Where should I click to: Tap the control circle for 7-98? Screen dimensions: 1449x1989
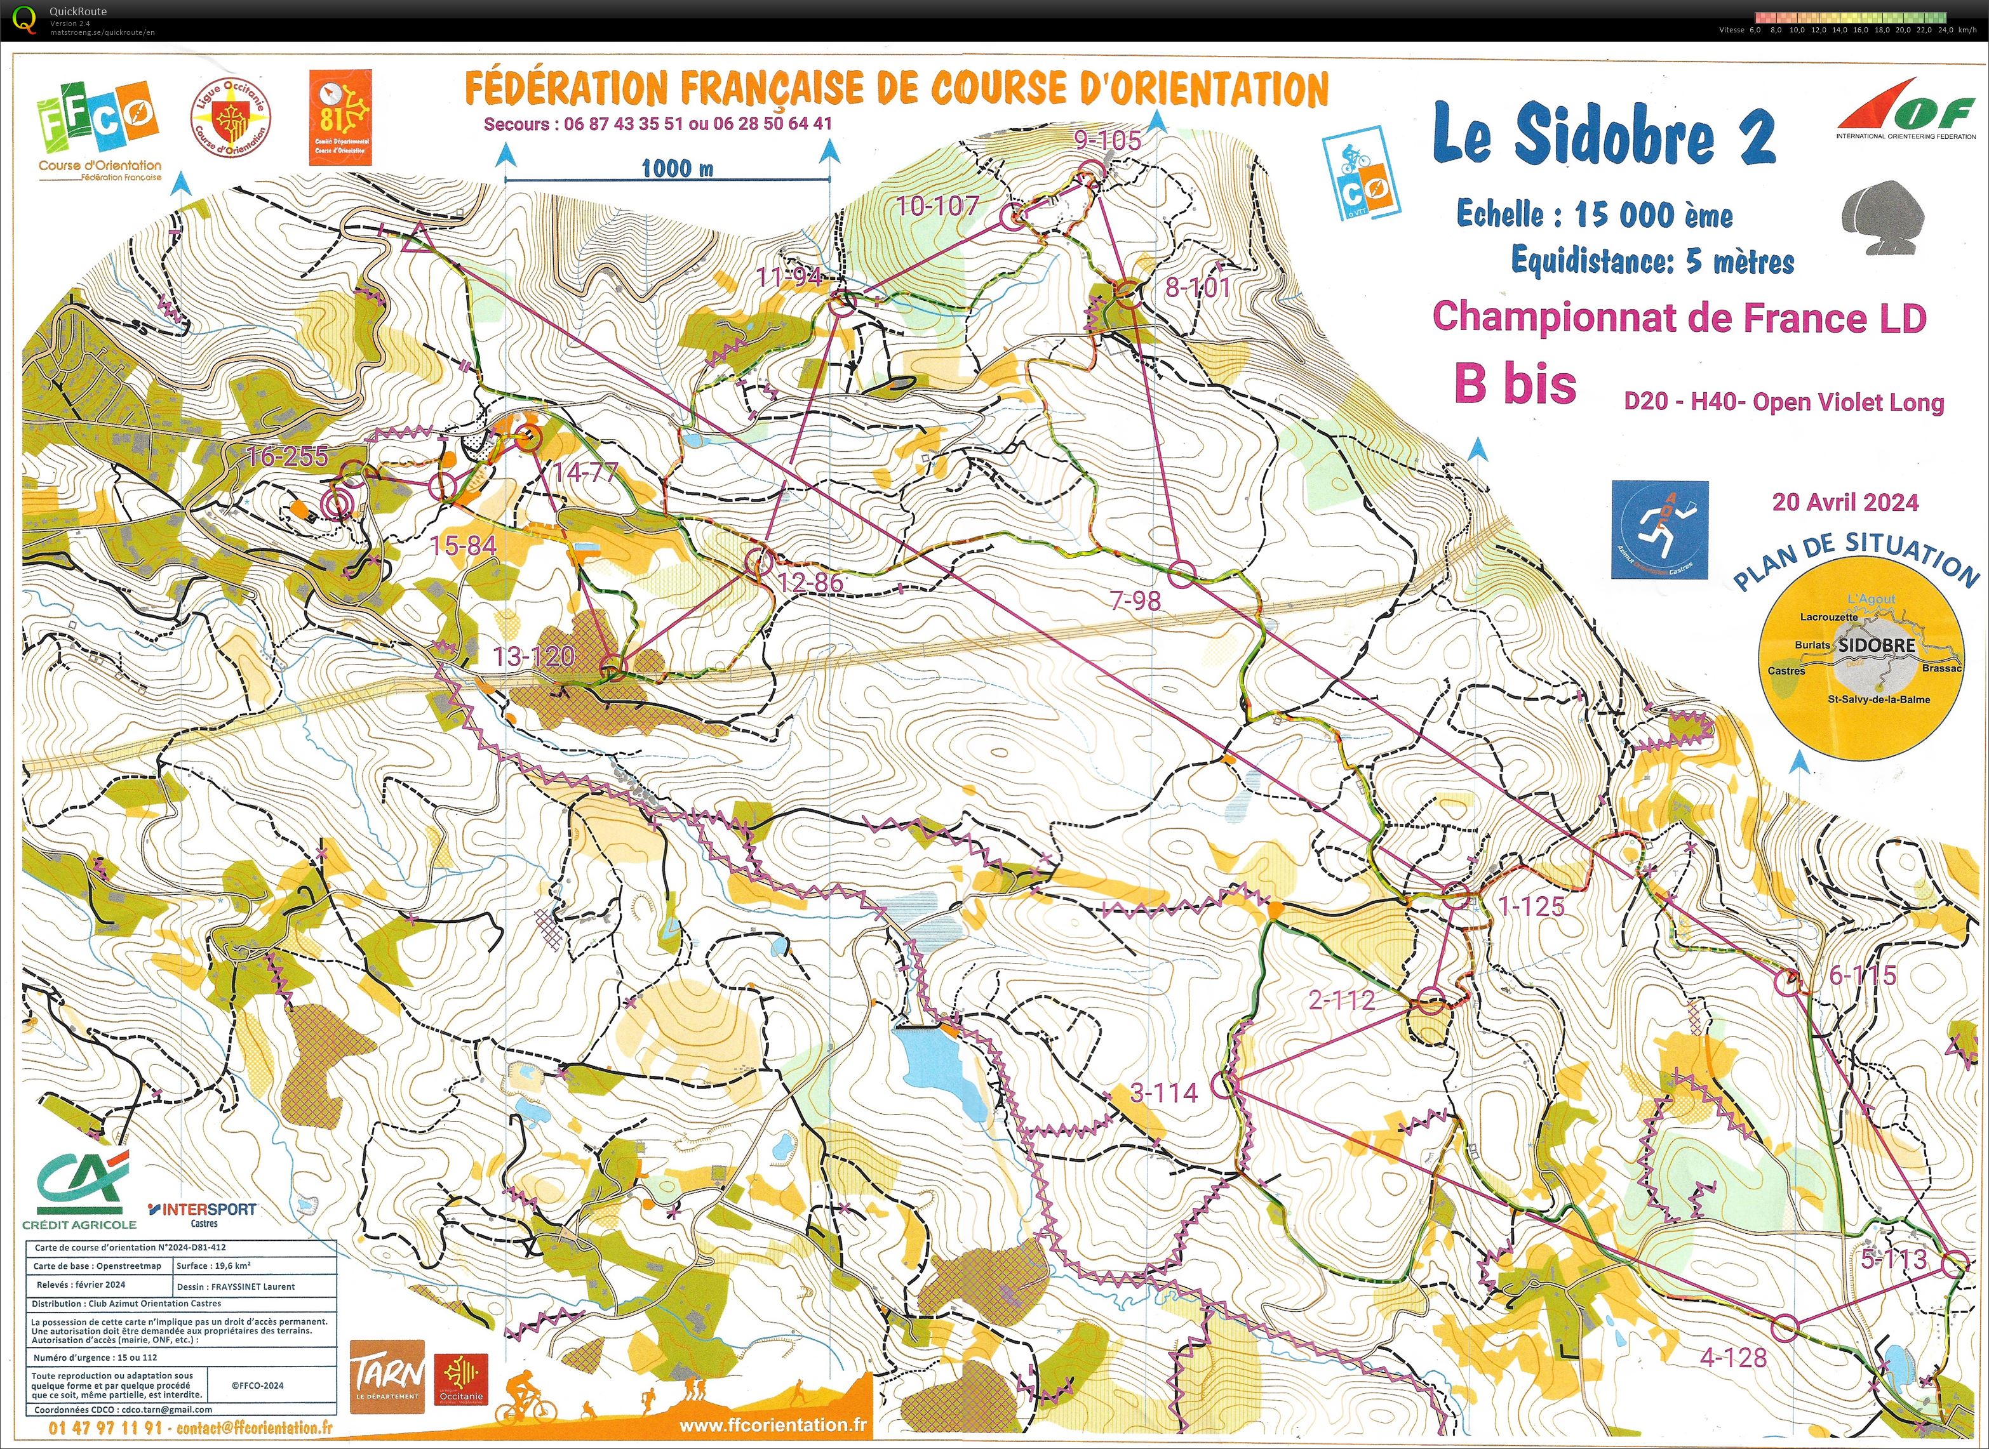coord(1182,574)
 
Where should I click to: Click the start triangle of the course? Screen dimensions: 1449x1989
coord(416,239)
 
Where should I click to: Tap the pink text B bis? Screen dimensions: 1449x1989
coord(1515,384)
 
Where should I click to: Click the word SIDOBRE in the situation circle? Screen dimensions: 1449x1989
coord(1876,645)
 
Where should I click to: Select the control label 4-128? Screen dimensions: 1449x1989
coord(1733,1358)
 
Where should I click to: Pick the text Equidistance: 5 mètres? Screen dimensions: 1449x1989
coord(1652,260)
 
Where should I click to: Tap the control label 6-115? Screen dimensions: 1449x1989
coord(1862,974)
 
